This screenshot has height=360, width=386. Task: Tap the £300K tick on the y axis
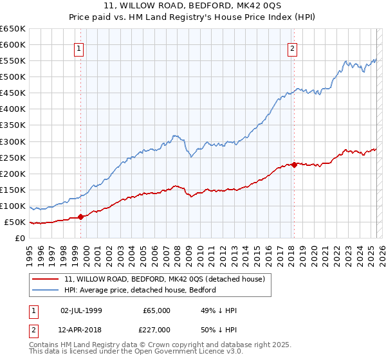(13, 141)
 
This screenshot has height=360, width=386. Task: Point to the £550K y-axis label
(13, 61)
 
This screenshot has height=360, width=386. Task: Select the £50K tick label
(15, 222)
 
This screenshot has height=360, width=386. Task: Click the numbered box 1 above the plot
(78, 48)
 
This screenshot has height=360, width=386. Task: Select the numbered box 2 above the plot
(292, 48)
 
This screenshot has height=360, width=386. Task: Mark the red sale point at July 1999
(80, 217)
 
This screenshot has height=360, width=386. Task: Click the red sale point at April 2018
(294, 165)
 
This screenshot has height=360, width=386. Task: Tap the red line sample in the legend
(46, 280)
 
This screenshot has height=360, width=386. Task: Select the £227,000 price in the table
(156, 330)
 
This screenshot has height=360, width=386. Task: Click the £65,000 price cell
(156, 310)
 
